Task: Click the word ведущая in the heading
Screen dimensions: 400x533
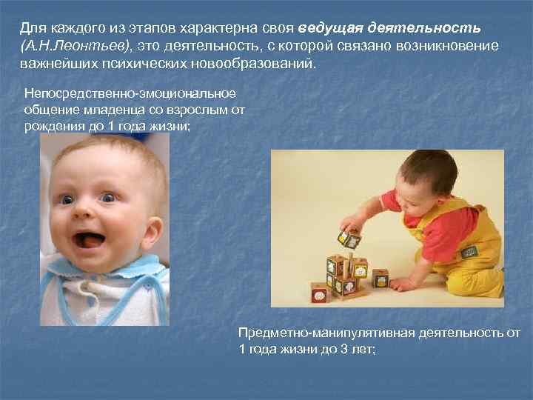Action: click(332, 28)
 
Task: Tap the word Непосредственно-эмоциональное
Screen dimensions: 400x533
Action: click(130, 94)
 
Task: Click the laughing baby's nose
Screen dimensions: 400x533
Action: click(88, 214)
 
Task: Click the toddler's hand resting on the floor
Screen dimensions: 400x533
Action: click(400, 284)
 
